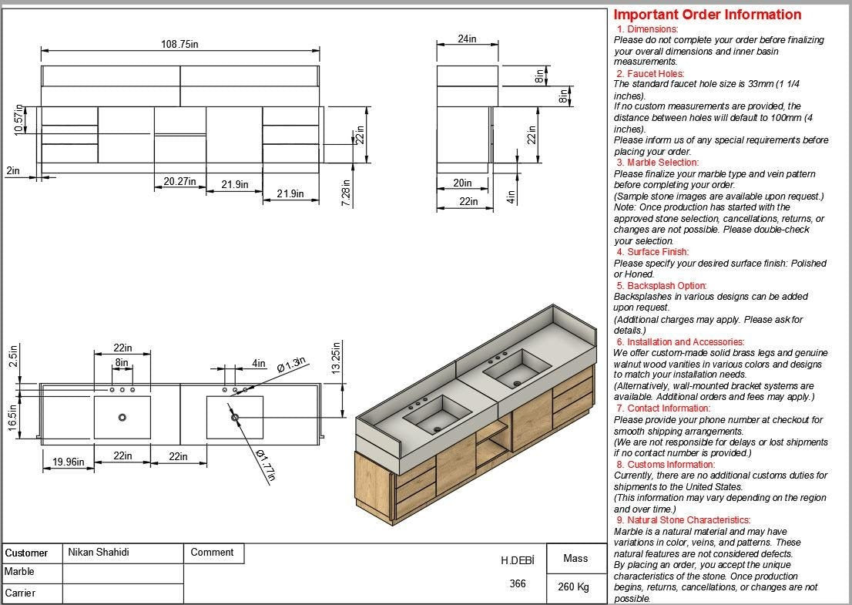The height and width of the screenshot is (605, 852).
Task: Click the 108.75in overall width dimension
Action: click(179, 45)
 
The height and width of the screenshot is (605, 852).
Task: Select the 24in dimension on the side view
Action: click(467, 39)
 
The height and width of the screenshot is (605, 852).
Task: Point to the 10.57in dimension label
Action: click(19, 120)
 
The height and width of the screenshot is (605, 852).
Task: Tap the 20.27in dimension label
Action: click(179, 183)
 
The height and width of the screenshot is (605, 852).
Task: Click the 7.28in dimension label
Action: click(346, 193)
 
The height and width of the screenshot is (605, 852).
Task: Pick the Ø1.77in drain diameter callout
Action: click(265, 465)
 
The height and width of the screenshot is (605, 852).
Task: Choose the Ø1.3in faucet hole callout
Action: click(291, 365)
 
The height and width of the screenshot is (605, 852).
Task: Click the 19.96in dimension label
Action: click(68, 462)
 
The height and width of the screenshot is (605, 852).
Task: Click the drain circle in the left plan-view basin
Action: click(122, 418)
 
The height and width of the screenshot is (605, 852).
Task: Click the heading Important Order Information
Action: click(707, 15)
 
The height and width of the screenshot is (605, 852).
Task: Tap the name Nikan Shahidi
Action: click(99, 552)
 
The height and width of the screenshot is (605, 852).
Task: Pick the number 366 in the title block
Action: click(518, 583)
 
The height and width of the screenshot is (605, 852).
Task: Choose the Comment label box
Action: click(212, 552)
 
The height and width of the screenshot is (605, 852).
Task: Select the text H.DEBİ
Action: click(517, 560)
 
